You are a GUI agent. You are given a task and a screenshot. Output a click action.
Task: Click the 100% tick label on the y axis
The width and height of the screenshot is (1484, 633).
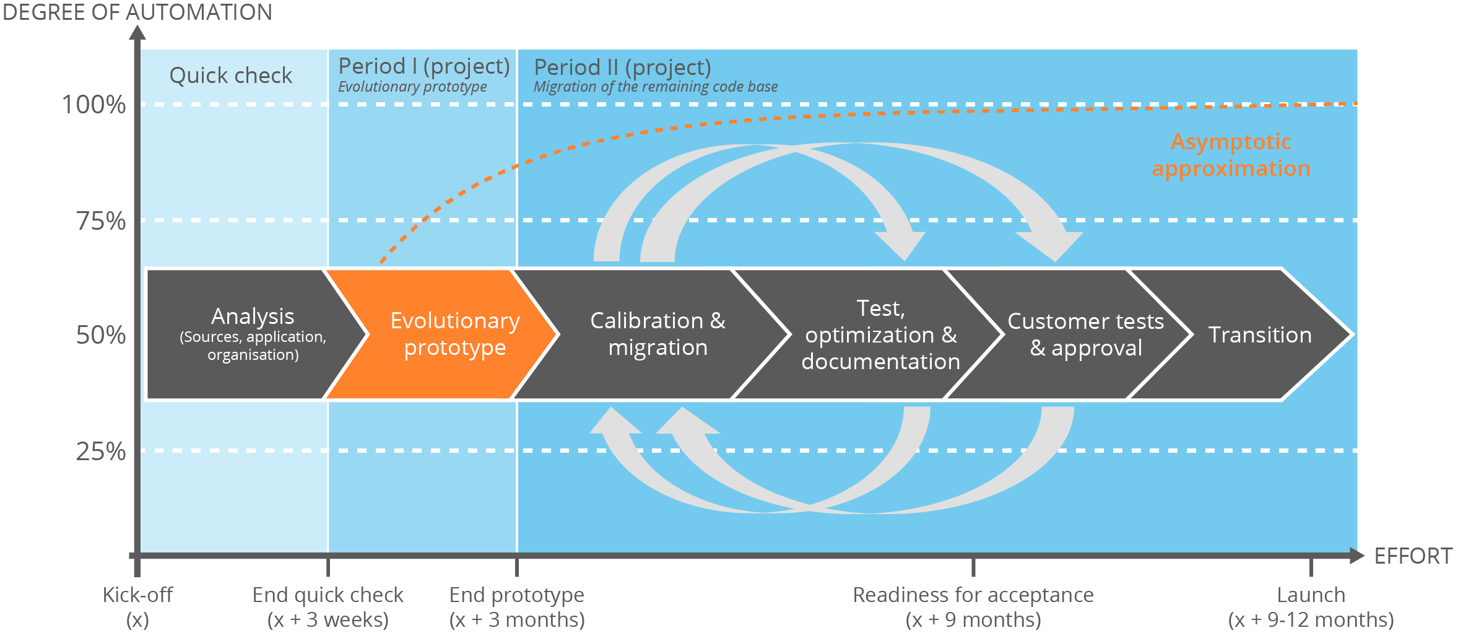click(93, 105)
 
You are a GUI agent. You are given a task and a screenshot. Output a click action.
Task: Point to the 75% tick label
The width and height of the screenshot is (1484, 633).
click(100, 221)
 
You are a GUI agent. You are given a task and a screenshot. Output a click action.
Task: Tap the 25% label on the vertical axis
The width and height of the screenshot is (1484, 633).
click(100, 452)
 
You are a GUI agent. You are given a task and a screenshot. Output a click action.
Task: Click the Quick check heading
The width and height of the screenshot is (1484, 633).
click(230, 76)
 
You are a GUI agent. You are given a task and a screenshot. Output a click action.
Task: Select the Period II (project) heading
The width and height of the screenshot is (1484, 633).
click(622, 67)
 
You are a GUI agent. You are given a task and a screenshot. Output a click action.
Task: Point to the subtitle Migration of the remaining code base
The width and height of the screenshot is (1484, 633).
click(655, 87)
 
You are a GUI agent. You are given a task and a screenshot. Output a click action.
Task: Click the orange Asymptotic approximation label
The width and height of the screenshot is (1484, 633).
click(1231, 155)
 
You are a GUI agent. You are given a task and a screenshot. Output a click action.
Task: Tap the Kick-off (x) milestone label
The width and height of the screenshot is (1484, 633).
click(137, 606)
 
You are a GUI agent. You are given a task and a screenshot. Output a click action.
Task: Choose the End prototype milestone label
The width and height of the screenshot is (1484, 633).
click(516, 606)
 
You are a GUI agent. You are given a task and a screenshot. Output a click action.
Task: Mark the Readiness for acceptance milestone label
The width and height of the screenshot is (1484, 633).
click(973, 606)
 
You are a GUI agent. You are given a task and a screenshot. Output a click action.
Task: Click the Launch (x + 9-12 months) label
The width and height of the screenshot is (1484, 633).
click(1311, 606)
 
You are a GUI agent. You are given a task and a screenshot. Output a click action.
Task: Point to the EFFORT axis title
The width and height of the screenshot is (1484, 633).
click(1413, 556)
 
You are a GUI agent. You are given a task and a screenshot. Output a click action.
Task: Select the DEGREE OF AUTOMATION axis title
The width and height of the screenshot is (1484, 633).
click(137, 12)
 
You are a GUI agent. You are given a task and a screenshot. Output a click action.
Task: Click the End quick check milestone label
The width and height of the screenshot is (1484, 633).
click(328, 606)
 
